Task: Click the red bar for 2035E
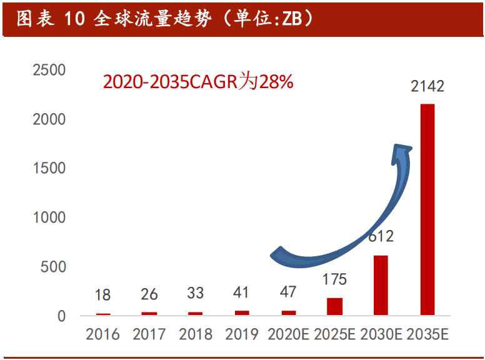point(427,209)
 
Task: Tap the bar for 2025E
point(335,306)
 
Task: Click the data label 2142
point(427,86)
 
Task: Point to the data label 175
point(335,279)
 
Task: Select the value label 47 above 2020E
point(288,292)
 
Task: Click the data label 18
point(103,295)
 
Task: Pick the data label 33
point(196,292)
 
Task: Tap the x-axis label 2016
point(103,335)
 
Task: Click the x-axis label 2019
point(242,335)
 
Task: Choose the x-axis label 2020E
point(288,335)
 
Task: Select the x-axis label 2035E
point(427,335)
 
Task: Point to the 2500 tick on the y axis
point(49,70)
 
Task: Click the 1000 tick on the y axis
point(49,217)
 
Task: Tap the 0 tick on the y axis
point(61,316)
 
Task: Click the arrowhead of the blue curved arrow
point(401,152)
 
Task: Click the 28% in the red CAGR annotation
point(276,82)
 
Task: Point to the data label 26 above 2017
point(149,294)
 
